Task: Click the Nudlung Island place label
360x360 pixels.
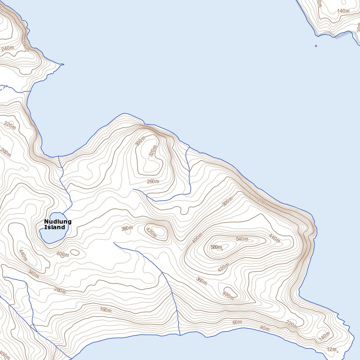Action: point(58,224)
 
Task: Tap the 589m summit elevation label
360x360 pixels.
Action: point(216,247)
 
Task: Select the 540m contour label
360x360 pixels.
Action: point(242,240)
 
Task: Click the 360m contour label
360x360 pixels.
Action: point(202,281)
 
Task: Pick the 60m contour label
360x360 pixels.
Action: point(237,322)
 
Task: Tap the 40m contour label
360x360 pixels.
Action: point(265,328)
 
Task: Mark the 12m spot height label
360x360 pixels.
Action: point(332,350)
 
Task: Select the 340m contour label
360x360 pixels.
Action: point(33,273)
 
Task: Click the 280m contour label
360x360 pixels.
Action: point(59,290)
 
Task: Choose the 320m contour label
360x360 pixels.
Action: point(152,151)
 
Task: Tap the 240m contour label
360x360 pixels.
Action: point(7,48)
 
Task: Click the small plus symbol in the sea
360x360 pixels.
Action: point(316,46)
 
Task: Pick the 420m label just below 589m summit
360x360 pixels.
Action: point(224,268)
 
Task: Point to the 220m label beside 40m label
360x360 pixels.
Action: point(292,324)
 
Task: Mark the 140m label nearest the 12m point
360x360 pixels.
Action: point(324,337)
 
